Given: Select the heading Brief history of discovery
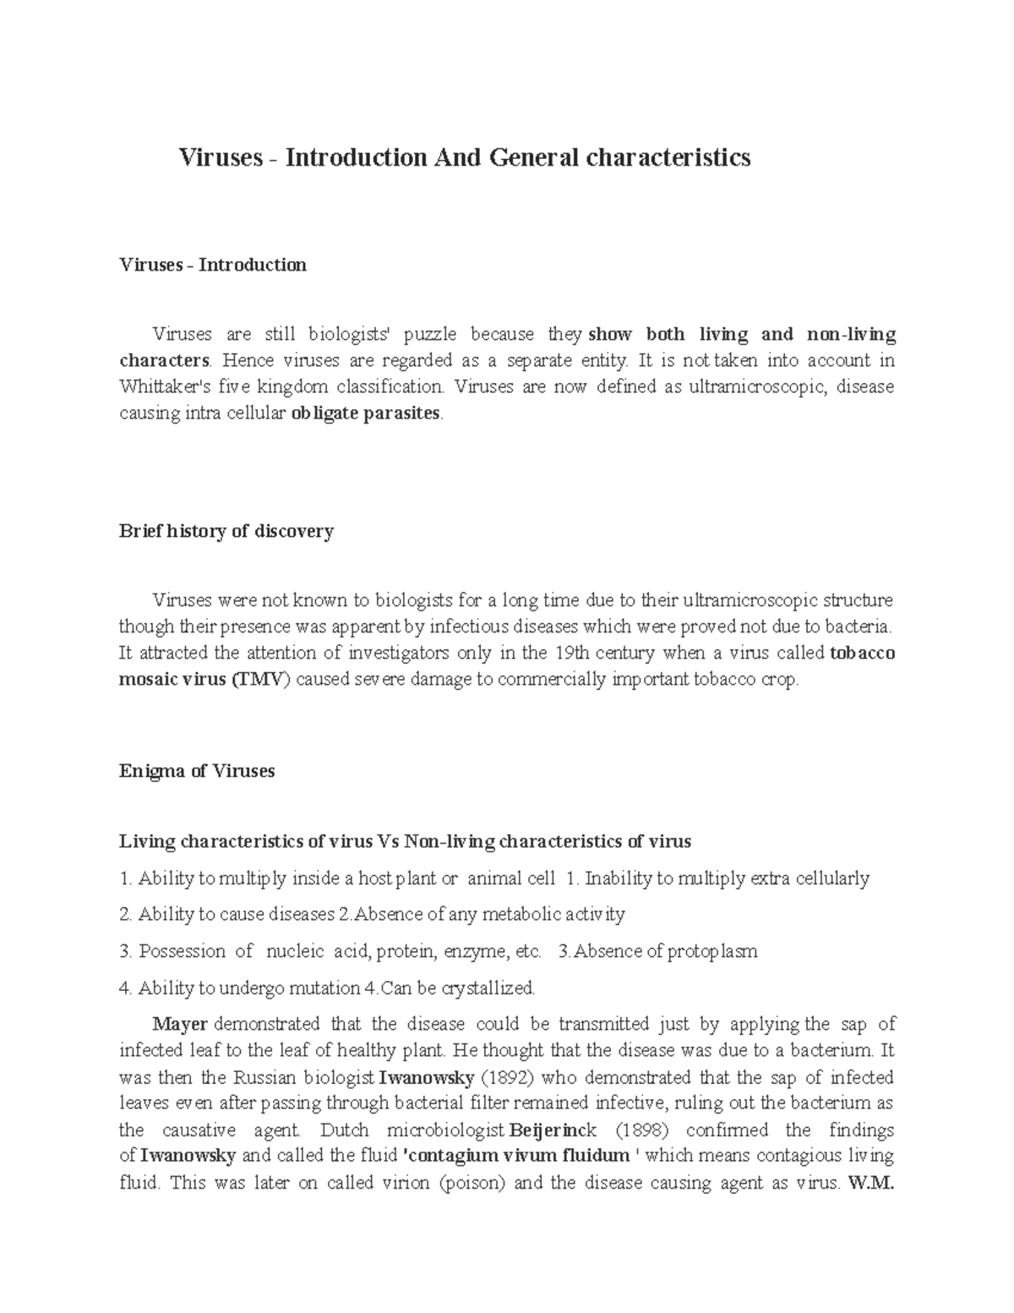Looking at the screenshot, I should click(x=226, y=532).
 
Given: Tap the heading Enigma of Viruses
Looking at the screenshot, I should click(x=197, y=771).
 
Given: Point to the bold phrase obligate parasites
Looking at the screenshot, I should click(x=365, y=414).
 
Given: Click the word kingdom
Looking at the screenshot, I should click(x=292, y=387).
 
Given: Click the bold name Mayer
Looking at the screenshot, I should click(x=180, y=1024).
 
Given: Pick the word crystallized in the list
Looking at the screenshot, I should click(x=483, y=988).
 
